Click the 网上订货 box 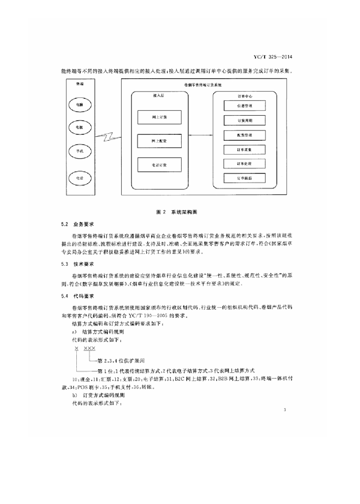click(x=159, y=117)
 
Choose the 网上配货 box click(x=159, y=141)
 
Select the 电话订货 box click(x=159, y=165)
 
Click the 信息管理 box click(x=244, y=105)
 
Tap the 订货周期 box click(x=244, y=120)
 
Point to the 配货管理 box click(x=244, y=134)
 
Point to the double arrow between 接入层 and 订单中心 click(x=197, y=135)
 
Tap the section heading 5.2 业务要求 click(x=74, y=224)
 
